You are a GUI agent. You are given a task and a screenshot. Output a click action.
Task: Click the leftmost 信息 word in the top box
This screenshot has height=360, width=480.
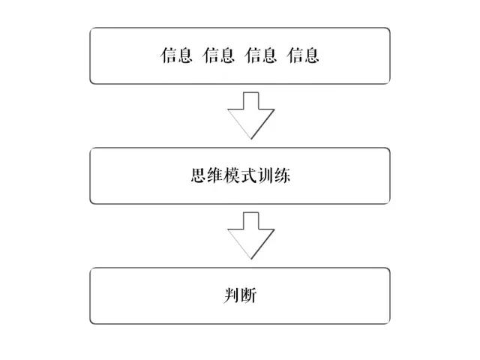coord(176,55)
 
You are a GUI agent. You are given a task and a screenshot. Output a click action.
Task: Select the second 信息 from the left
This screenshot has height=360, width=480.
coord(218,55)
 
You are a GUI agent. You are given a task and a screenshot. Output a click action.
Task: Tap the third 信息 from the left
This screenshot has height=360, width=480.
coord(261,55)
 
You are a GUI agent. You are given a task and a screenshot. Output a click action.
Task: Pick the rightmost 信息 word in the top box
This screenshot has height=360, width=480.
coord(303,55)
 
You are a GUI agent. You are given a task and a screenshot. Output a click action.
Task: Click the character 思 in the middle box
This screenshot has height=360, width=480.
coord(198,175)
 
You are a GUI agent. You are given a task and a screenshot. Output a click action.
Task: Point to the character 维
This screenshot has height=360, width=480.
coord(215,175)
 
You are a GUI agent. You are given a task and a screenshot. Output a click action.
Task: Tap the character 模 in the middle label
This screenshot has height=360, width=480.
coord(232,175)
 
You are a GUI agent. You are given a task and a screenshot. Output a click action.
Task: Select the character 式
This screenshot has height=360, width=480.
coord(248,175)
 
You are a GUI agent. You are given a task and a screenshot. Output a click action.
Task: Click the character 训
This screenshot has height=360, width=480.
coord(265,175)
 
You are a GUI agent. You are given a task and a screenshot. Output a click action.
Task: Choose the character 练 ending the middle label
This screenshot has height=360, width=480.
coord(282,175)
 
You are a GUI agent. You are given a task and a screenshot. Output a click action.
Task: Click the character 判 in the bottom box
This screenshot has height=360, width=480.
coord(232,295)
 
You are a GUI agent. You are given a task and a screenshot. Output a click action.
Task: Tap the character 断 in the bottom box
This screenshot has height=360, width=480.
coord(248,295)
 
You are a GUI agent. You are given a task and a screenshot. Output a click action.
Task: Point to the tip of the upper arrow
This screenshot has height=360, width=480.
coord(251,139)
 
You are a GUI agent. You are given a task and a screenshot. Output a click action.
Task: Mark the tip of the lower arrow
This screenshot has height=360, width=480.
coord(251,259)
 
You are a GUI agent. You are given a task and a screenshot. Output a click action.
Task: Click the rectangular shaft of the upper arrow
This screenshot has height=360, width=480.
coord(251,100)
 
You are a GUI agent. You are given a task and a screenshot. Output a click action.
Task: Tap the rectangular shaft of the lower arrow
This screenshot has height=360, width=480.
coord(251,220)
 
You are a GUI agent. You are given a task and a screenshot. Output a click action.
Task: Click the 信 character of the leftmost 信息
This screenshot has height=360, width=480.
coord(168,55)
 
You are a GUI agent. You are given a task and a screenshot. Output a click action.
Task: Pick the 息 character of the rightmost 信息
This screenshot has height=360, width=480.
coord(312,55)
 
